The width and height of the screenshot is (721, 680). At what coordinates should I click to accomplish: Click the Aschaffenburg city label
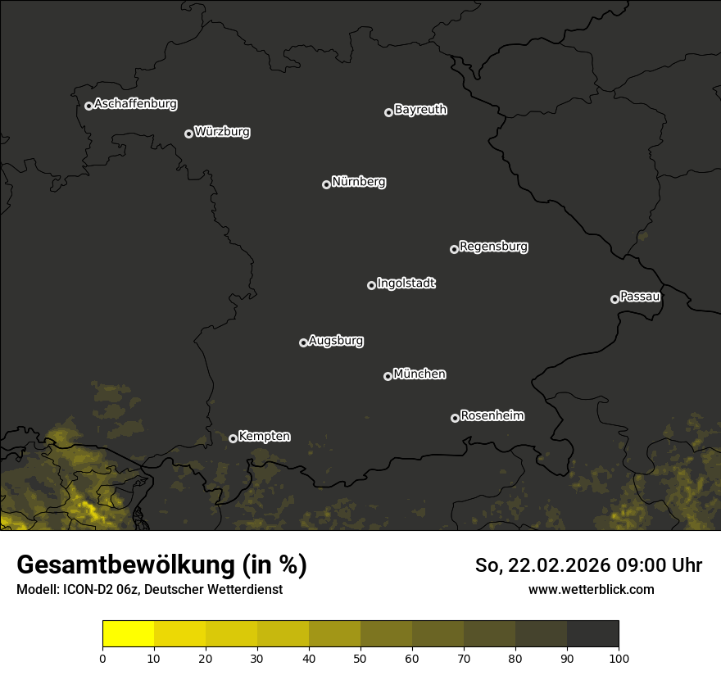(135, 104)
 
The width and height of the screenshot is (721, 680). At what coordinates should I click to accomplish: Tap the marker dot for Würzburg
(188, 134)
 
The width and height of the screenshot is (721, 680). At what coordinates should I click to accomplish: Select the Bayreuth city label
(420, 110)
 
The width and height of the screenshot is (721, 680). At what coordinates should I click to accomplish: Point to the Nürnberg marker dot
(326, 184)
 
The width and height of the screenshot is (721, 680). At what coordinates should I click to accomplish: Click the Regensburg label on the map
(493, 247)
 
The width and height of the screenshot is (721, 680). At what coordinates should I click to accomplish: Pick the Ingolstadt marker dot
(371, 285)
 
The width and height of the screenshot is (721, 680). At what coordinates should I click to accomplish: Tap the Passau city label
(640, 297)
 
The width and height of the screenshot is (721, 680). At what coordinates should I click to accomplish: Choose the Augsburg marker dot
(303, 342)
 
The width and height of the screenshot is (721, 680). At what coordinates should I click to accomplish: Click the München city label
(419, 374)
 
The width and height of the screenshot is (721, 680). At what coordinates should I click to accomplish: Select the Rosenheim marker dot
(455, 418)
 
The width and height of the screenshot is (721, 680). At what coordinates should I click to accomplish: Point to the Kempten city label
(264, 437)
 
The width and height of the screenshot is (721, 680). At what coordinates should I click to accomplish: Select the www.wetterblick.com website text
(591, 589)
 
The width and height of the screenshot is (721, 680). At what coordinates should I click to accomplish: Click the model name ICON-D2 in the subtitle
(85, 589)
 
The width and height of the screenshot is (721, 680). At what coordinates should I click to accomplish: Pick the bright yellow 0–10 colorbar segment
(128, 634)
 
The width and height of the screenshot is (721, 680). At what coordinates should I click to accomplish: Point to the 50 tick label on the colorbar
(360, 658)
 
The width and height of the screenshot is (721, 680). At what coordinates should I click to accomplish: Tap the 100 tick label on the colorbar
(619, 658)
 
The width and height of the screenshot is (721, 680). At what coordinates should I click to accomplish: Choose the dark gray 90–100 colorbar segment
(592, 634)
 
